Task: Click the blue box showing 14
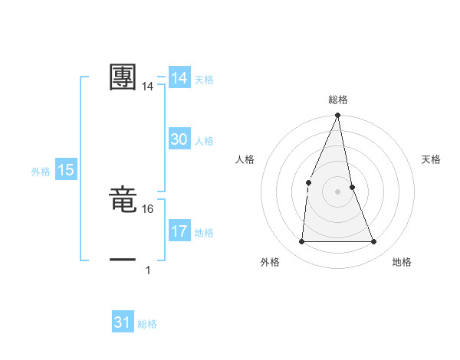pos(179,78)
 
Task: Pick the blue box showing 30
pos(179,139)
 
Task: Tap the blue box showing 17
pos(179,231)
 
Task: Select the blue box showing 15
pos(66,171)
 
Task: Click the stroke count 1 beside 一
pos(148,270)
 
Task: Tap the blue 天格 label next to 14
pos(204,80)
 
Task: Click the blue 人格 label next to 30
pos(204,141)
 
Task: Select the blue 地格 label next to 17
pos(204,233)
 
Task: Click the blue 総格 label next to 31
pos(147,324)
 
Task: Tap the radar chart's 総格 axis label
pos(338,100)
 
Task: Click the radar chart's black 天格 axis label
pos(432,159)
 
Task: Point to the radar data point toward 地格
pos(374,242)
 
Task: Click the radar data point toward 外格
pos(301,242)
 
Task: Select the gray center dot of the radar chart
pos(338,191)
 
